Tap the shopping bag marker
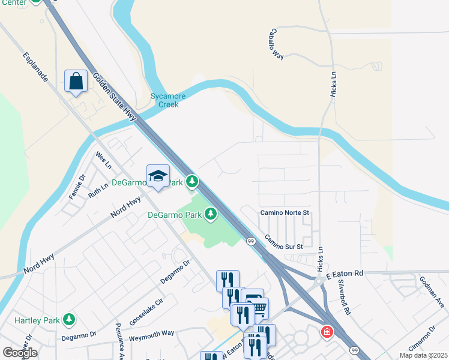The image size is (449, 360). click(76, 81)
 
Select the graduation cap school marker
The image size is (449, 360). click(158, 176)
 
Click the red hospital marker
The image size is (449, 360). click(327, 331)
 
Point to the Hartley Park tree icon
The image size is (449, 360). click(70, 319)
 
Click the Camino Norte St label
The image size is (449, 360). click(284, 213)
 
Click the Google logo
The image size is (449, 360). click(20, 353)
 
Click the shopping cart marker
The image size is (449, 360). click(258, 308)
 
